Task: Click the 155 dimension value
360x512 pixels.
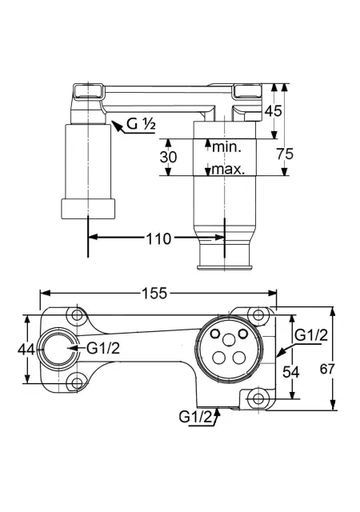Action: point(154,293)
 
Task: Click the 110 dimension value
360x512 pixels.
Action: point(158,239)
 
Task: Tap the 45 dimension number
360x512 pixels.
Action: point(273,111)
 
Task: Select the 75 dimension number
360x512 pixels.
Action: point(285,154)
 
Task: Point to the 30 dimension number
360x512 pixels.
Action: point(168,157)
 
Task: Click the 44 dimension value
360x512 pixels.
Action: point(26,350)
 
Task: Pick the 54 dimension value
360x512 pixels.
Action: point(290,371)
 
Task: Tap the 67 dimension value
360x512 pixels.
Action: point(327,369)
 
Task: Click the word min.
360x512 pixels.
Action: point(226,147)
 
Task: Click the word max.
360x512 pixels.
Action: point(228,169)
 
